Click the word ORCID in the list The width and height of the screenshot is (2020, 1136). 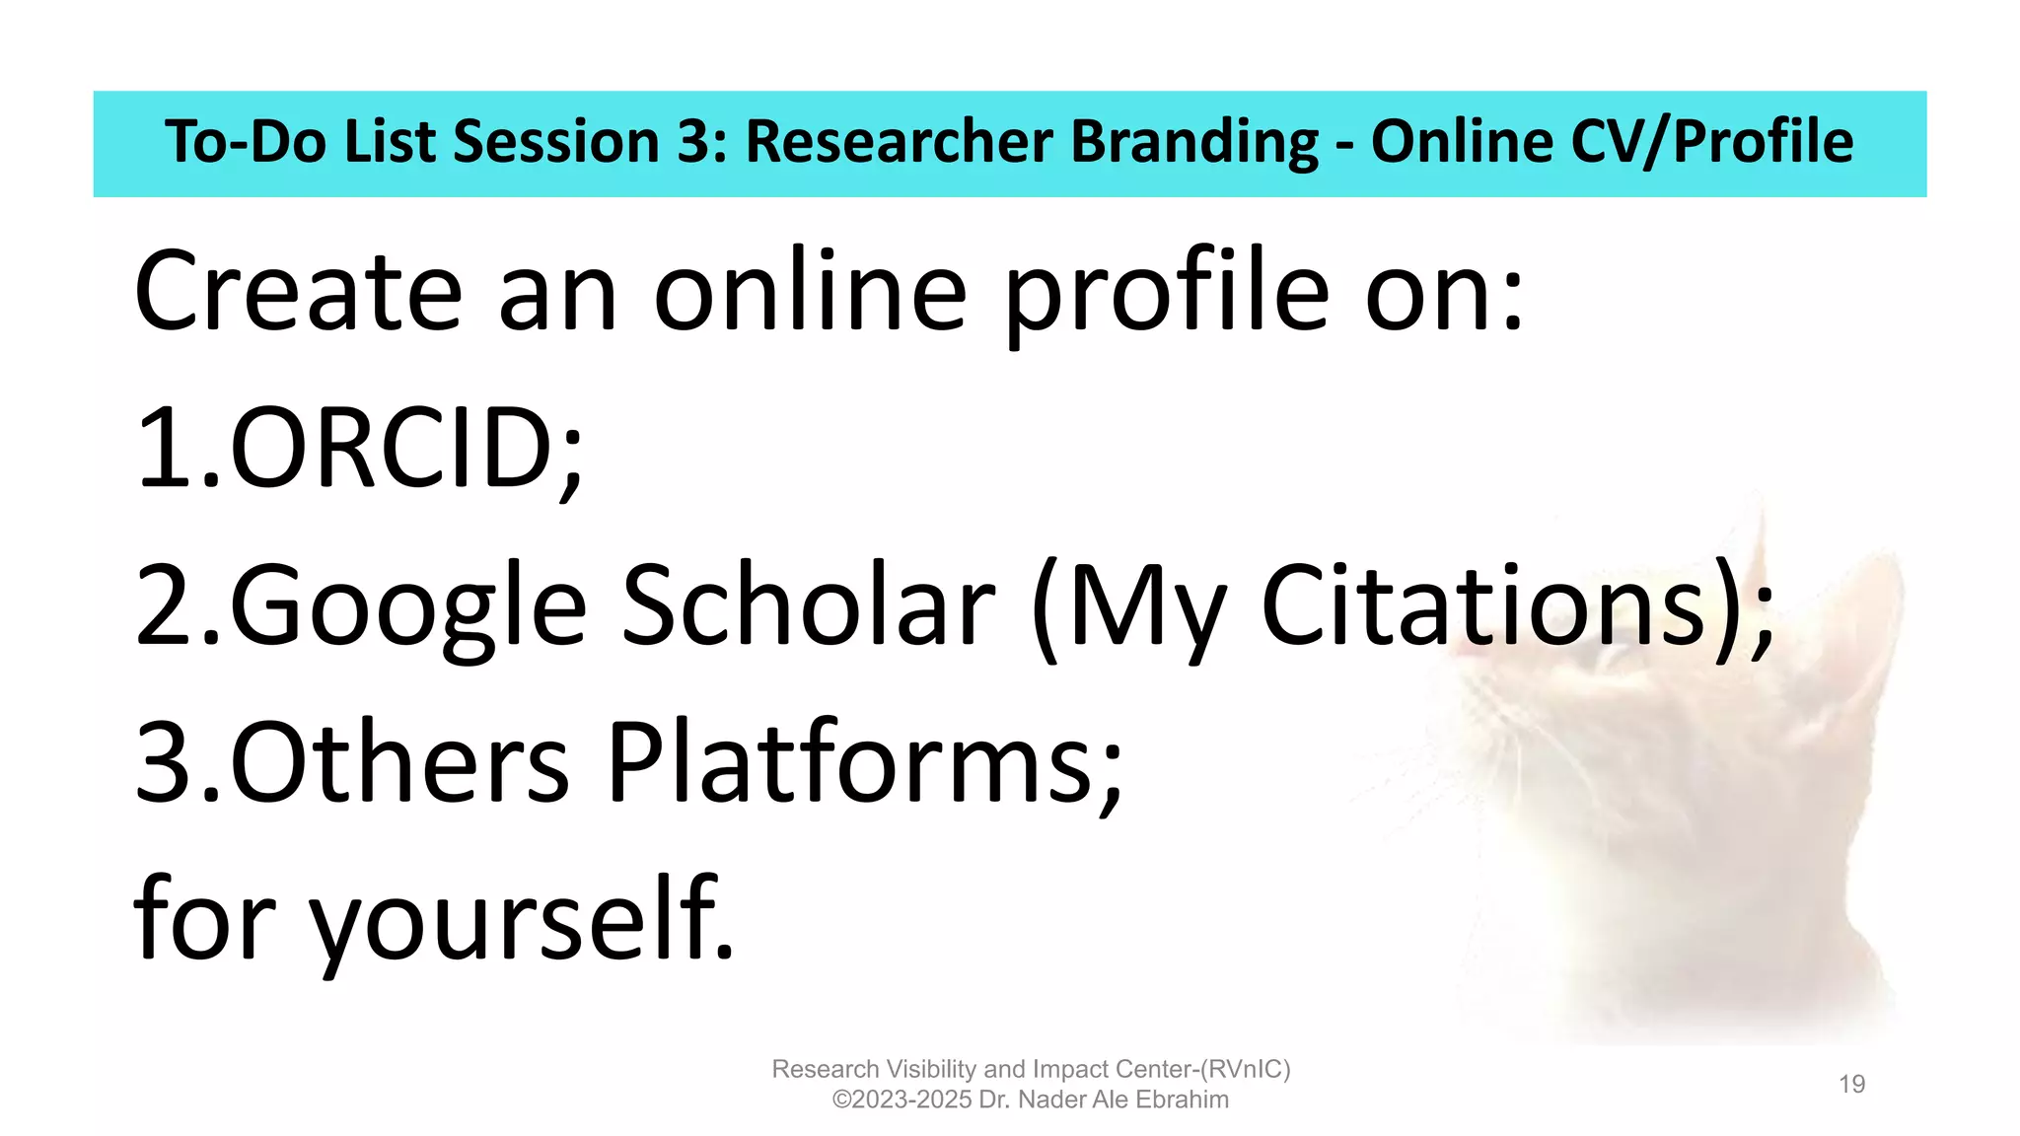(395, 449)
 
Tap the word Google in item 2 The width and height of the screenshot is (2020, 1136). (408, 605)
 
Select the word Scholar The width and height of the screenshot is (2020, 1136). (808, 605)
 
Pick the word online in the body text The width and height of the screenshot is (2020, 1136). (810, 292)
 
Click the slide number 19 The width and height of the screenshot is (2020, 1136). (1851, 1085)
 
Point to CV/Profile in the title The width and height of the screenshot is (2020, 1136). (1711, 141)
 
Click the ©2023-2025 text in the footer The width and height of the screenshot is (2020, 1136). (902, 1100)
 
